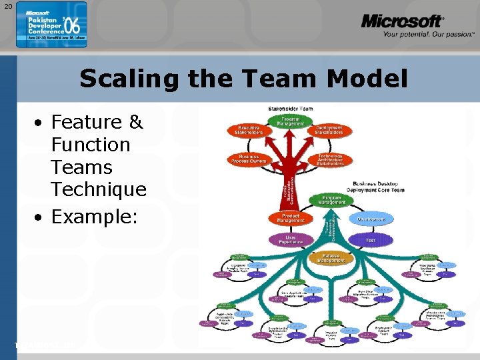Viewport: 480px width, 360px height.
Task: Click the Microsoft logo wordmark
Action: pos(402,21)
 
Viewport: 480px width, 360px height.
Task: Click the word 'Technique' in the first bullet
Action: pos(98,189)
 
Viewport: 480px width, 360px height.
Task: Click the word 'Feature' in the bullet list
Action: pos(87,122)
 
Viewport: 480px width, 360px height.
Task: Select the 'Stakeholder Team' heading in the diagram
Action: pos(291,108)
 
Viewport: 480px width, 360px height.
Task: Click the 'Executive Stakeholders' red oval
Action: pos(248,131)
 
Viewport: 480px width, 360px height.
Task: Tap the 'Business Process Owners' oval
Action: pos(248,159)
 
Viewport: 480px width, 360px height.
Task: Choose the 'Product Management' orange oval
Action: pos(289,218)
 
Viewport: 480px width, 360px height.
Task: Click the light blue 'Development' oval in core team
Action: pos(371,219)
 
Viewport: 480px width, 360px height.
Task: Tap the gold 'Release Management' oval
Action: pos(331,257)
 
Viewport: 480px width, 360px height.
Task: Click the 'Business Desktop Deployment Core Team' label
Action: pos(378,186)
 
